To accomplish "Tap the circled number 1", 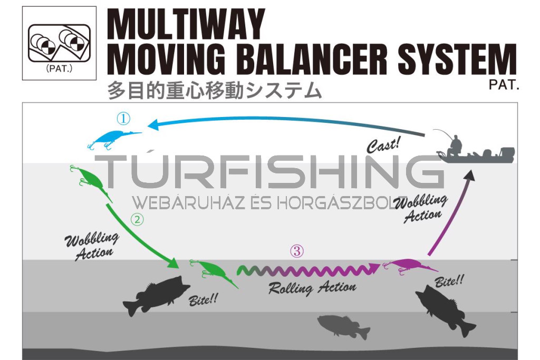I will [123, 118].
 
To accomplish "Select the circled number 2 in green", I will [137, 220].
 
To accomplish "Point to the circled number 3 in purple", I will [297, 251].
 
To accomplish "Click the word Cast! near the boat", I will [384, 144].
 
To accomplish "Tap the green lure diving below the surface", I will [91, 182].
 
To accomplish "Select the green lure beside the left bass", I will [213, 273].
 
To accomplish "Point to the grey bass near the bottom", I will [342, 326].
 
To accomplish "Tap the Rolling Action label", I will [312, 288].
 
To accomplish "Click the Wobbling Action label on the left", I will [91, 246].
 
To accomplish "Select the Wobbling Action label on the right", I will [420, 209].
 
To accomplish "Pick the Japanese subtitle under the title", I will [214, 91].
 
